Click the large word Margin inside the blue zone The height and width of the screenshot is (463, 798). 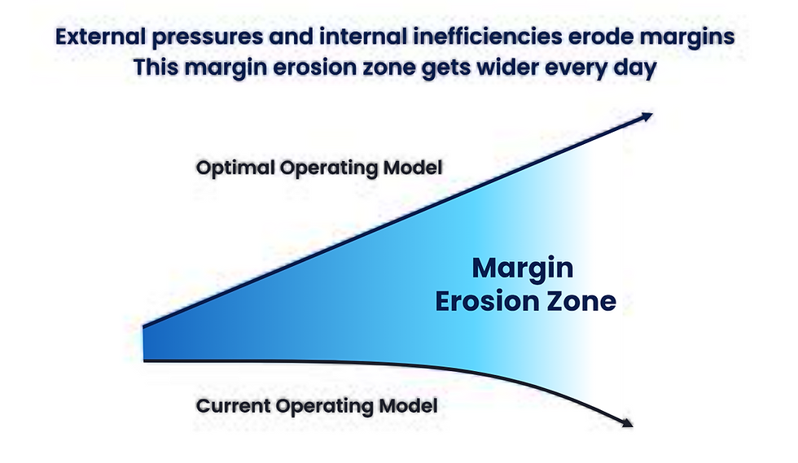523,268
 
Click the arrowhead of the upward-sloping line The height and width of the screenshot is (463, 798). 647,116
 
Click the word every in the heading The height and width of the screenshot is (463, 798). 568,68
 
